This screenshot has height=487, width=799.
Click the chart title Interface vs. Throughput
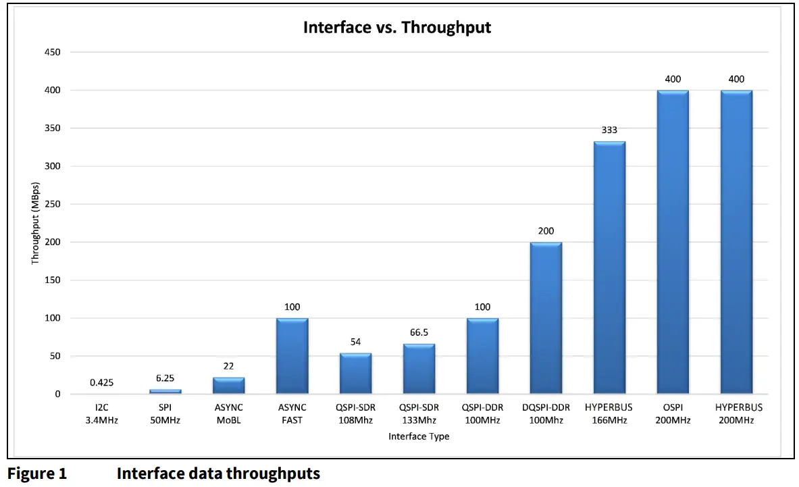(x=396, y=28)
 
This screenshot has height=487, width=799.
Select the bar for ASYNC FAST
(x=292, y=356)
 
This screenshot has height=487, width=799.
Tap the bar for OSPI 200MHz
(x=673, y=242)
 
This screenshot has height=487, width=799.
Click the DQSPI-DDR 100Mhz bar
(x=546, y=318)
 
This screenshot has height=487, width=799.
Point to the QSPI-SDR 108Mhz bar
(x=355, y=374)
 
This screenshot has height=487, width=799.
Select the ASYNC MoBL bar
(x=228, y=386)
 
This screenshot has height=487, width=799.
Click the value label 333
(x=609, y=130)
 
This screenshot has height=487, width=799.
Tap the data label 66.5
(x=419, y=332)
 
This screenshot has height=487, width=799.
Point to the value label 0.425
(x=101, y=383)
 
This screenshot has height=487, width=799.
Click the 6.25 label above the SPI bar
(x=165, y=378)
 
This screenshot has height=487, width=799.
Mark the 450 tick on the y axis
(x=52, y=52)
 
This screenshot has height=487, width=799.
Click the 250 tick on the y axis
(x=52, y=204)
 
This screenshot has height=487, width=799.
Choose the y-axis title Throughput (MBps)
(x=36, y=223)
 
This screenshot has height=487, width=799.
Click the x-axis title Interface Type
(x=419, y=436)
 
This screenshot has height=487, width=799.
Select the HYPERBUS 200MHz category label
(x=738, y=413)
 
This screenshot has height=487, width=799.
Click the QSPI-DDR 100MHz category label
(x=482, y=413)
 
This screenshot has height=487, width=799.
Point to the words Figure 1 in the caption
(x=37, y=473)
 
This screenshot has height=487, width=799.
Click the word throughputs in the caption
(x=273, y=473)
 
